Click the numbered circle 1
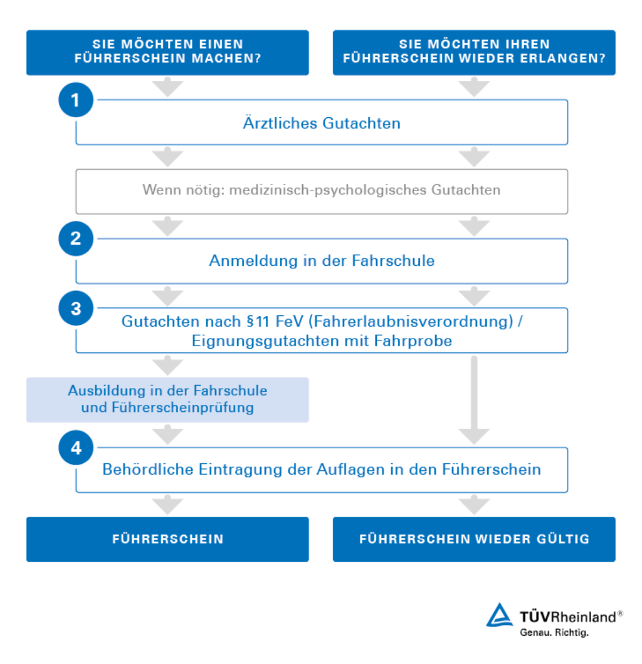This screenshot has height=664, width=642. [x=76, y=100]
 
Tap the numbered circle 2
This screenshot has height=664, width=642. [x=76, y=239]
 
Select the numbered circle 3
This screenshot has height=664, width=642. [x=76, y=308]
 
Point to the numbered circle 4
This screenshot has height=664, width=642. [x=76, y=448]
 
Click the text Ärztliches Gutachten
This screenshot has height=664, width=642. [x=321, y=123]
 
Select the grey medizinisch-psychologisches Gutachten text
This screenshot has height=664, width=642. [x=321, y=190]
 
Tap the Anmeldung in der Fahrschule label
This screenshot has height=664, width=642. [x=321, y=261]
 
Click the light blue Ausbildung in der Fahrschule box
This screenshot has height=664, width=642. [x=167, y=399]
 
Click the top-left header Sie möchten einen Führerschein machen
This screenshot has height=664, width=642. [x=167, y=53]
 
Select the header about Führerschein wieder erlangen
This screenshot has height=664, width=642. [x=474, y=53]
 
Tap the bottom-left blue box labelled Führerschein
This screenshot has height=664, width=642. [x=167, y=539]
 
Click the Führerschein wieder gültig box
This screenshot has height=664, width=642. [x=474, y=539]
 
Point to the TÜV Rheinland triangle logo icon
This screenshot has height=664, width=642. [x=500, y=616]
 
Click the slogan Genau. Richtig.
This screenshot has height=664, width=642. [x=554, y=633]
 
